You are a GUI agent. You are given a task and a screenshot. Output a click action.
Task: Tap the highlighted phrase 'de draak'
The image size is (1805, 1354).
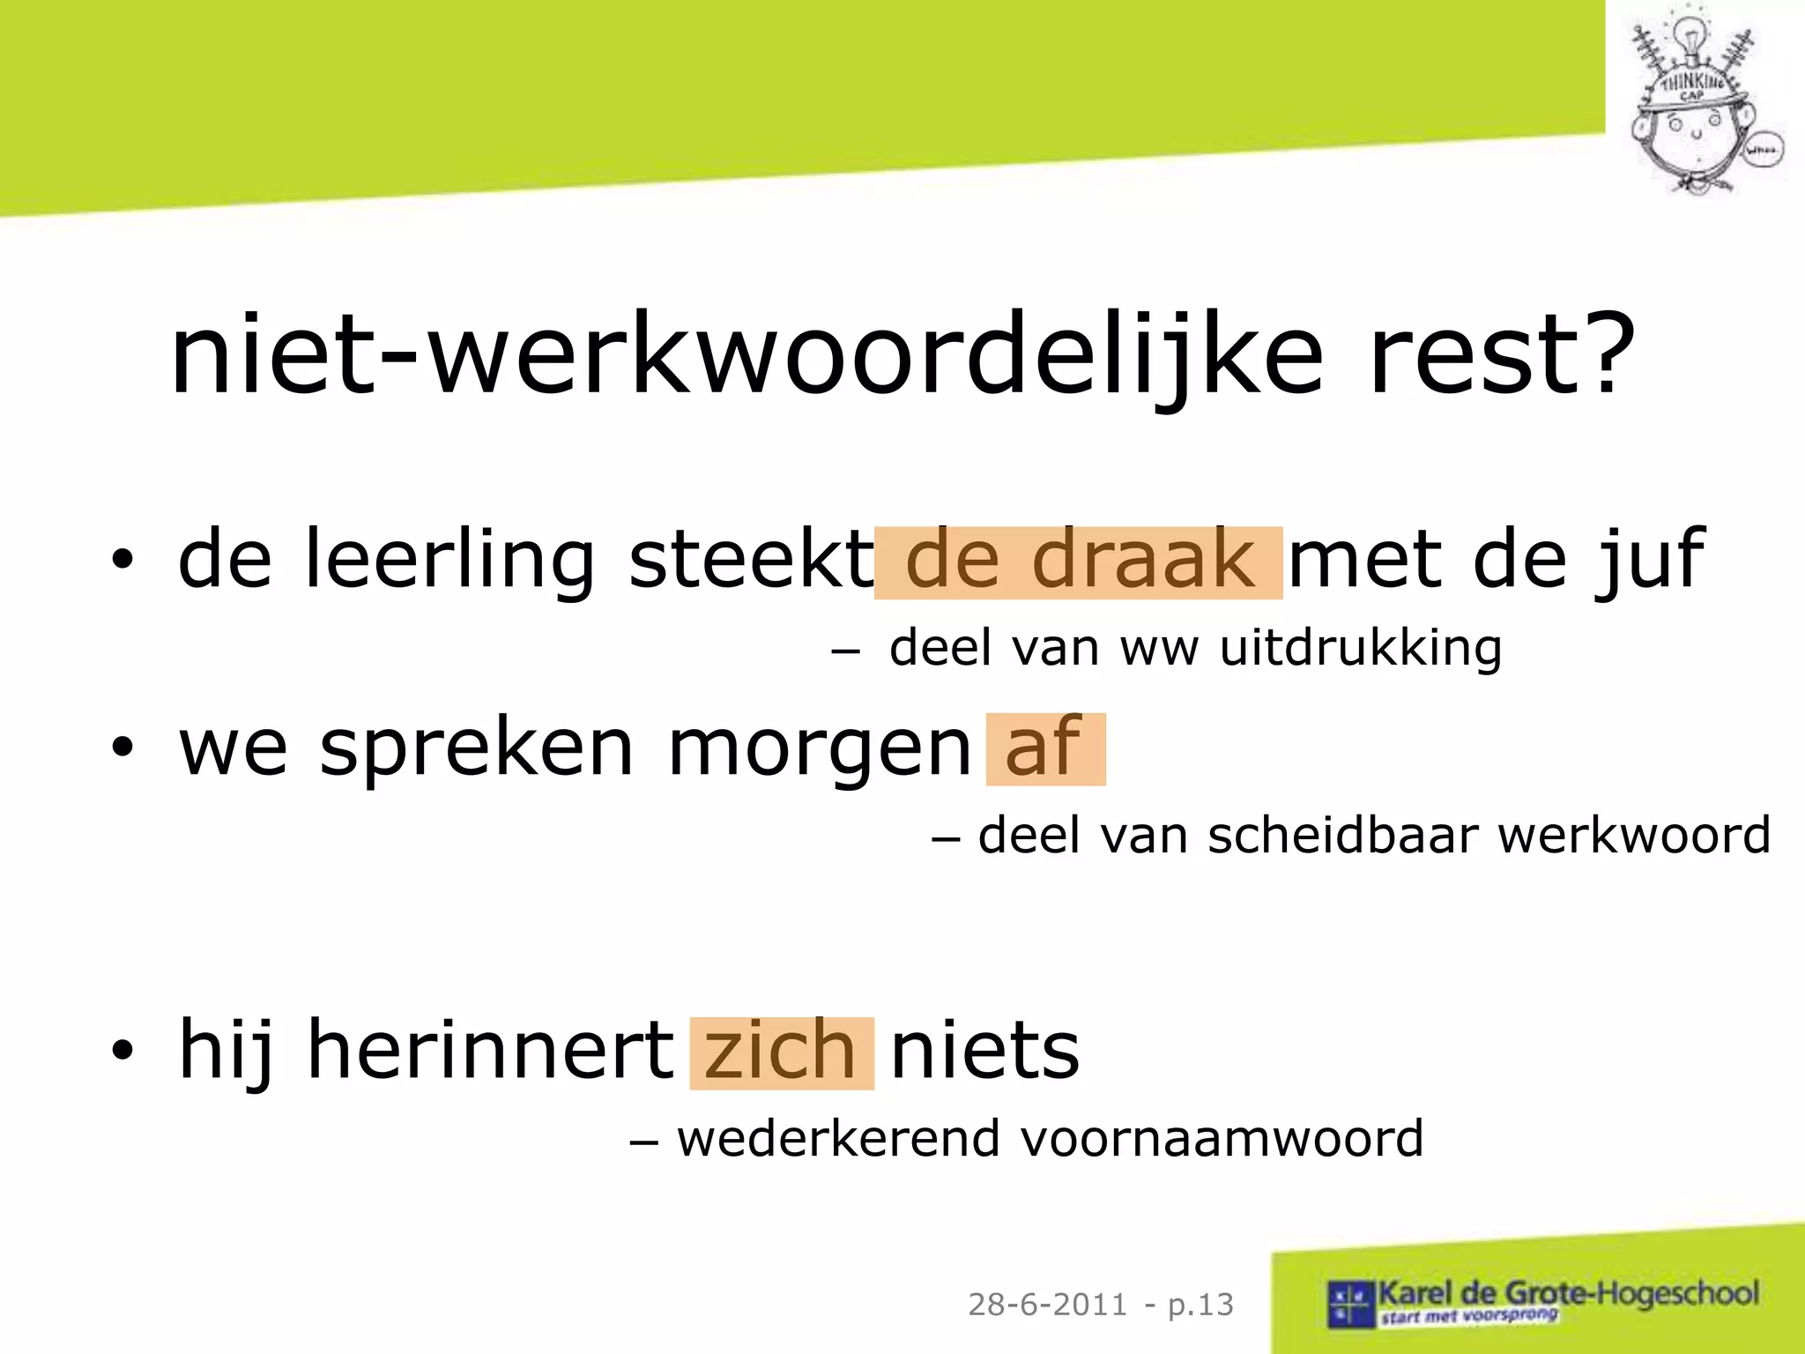tap(1079, 562)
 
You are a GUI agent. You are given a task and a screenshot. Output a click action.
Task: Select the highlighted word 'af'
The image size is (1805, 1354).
tap(1044, 748)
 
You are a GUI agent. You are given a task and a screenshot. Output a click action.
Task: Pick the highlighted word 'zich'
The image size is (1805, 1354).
tap(781, 1053)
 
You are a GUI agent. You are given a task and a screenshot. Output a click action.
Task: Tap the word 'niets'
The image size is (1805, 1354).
tap(984, 1051)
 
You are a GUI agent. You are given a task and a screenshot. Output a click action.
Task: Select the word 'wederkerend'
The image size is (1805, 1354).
tap(837, 1139)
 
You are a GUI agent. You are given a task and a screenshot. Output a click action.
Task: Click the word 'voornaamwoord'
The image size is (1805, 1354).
tap(1222, 1139)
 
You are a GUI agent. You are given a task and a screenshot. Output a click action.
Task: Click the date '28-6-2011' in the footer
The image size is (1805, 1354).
tap(1047, 1304)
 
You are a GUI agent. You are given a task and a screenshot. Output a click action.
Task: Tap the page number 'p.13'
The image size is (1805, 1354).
tap(1200, 1304)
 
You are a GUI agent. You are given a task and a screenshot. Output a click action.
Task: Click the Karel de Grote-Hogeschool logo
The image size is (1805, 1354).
tap(1542, 1300)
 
